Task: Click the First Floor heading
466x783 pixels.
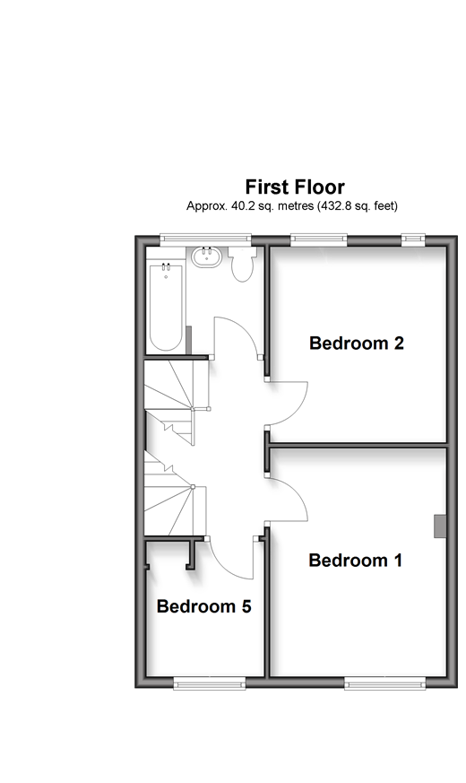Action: click(295, 187)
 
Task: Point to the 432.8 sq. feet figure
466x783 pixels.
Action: click(358, 205)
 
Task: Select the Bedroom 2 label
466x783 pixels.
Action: click(357, 343)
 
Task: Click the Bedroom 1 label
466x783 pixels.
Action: click(355, 560)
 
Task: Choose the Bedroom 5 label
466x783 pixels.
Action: click(204, 606)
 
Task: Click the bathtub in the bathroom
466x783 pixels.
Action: click(166, 307)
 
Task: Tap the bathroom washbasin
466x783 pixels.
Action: click(206, 257)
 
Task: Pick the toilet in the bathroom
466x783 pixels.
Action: click(243, 265)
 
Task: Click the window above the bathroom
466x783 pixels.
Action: click(205, 239)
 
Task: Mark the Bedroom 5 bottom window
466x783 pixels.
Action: click(210, 683)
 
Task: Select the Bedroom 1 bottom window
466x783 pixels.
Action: click(385, 683)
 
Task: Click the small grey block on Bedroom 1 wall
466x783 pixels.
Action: click(439, 526)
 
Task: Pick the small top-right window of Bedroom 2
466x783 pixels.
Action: click(413, 239)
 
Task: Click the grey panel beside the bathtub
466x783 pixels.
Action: click(188, 340)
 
